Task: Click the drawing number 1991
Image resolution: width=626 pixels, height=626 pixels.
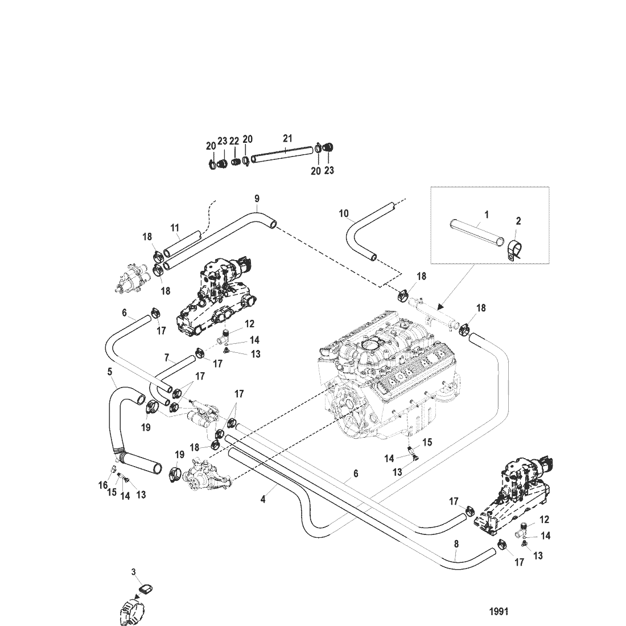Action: [x=499, y=612]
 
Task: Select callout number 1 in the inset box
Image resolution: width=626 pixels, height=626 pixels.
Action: [x=487, y=215]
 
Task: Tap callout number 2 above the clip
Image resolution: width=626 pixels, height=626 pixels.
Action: [x=518, y=221]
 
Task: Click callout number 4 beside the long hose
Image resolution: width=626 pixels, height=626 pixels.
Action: [x=263, y=500]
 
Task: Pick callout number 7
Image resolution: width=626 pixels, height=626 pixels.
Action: [x=167, y=358]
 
